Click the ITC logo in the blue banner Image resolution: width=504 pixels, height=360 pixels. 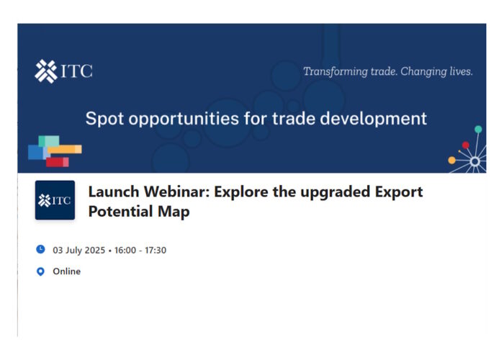click(x=63, y=71)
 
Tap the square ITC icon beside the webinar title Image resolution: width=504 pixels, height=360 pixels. click(x=55, y=200)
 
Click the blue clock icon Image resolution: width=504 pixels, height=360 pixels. click(x=40, y=249)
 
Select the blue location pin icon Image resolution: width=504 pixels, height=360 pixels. click(x=40, y=271)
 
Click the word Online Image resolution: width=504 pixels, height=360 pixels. click(x=66, y=271)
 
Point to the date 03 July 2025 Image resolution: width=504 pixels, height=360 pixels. click(x=79, y=250)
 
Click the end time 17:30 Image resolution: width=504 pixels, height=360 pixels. click(x=156, y=250)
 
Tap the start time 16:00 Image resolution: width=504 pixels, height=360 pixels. click(x=125, y=250)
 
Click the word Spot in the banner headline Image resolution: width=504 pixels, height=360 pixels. click(x=105, y=118)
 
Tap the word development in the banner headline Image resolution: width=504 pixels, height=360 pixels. click(x=374, y=119)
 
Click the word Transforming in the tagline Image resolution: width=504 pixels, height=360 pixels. click(x=336, y=71)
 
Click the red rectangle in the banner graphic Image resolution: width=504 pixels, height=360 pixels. click(x=57, y=162)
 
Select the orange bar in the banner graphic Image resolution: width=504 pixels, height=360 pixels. click(x=65, y=149)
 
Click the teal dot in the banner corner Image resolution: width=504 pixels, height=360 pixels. click(x=478, y=129)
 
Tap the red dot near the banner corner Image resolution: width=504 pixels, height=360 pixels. click(x=465, y=145)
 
